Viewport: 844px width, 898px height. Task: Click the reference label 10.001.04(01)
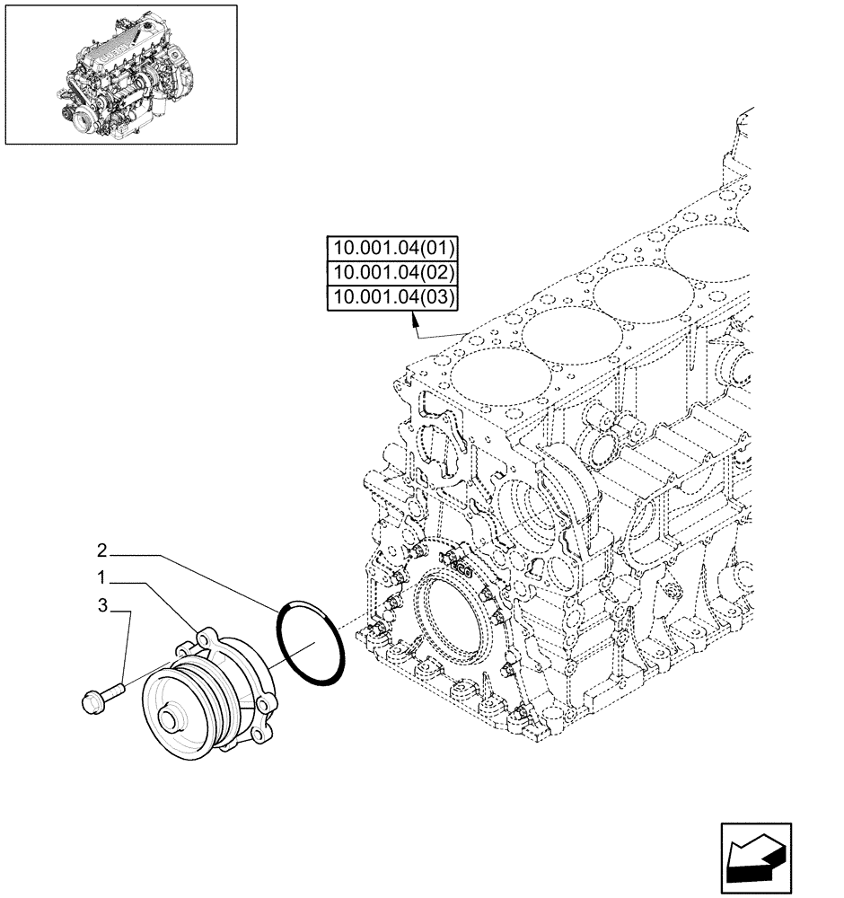(x=393, y=248)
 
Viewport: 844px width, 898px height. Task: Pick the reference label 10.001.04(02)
(x=393, y=273)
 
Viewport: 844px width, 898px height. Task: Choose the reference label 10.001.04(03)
(x=393, y=297)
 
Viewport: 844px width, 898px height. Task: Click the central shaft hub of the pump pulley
(x=167, y=718)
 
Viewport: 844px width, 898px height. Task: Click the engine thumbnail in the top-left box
(x=121, y=75)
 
